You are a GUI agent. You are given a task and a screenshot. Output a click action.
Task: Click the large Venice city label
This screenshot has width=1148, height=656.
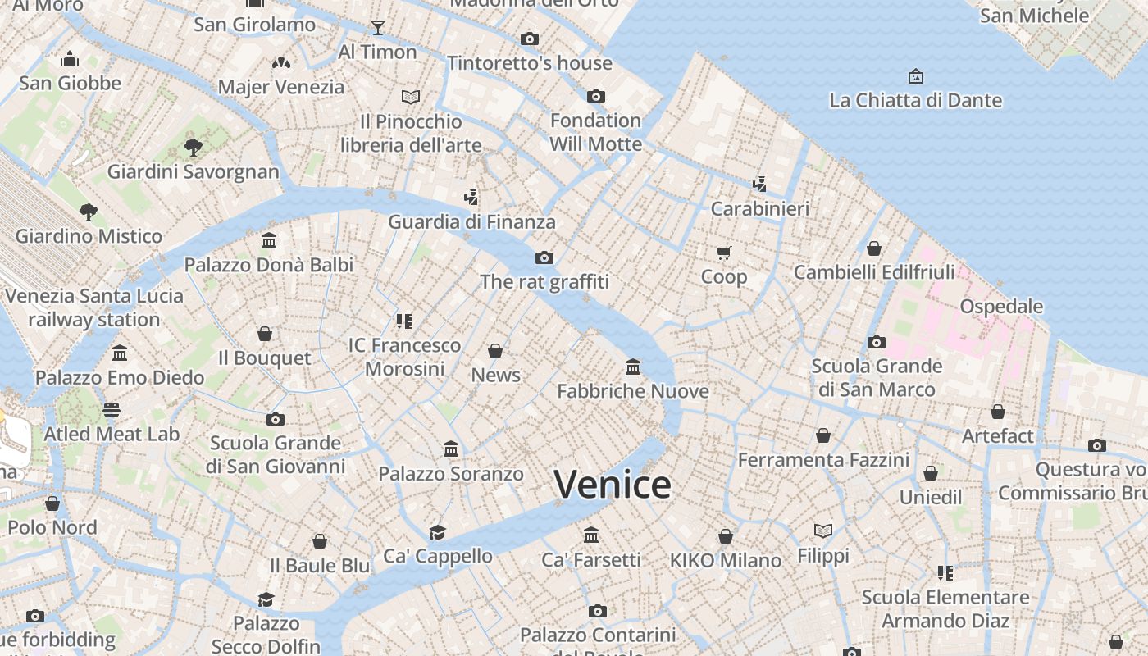613,485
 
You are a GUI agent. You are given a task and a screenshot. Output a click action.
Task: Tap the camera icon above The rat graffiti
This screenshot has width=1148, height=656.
544,258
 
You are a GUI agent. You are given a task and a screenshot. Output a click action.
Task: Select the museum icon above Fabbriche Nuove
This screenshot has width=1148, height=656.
633,367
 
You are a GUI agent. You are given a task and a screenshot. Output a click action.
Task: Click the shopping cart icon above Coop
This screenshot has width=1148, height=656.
723,253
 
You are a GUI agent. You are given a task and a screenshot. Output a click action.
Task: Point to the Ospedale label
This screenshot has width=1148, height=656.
1001,307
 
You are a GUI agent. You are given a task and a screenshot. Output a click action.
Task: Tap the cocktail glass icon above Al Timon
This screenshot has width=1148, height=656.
377,28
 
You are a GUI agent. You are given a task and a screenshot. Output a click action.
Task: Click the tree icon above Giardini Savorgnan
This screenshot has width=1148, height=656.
194,148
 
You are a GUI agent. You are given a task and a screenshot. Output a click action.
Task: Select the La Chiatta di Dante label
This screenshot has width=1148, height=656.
915,101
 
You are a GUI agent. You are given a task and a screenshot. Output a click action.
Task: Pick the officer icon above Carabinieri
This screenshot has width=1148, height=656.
759,184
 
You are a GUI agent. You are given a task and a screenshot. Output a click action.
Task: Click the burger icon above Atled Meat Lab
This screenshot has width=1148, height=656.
112,409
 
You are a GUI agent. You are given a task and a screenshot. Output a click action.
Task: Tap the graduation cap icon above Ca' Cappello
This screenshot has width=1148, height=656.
438,531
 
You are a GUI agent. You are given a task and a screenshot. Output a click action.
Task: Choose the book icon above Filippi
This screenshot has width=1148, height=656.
823,531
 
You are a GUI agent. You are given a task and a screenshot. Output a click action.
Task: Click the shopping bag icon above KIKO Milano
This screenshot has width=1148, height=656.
725,536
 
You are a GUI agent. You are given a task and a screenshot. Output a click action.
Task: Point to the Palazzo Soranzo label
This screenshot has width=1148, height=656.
450,474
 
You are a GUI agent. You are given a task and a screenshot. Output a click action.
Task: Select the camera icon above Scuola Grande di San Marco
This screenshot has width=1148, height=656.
876,342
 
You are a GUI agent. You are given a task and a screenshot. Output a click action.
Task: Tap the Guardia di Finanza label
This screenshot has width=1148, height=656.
471,222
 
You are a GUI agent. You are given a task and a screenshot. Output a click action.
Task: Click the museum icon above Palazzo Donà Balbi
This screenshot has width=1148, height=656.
269,240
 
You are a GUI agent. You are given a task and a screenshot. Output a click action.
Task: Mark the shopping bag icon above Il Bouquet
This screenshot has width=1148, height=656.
265,334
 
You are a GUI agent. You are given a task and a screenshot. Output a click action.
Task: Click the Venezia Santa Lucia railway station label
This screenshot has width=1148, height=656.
94,307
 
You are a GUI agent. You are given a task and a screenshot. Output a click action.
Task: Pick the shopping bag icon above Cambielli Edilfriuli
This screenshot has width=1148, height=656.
874,248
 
